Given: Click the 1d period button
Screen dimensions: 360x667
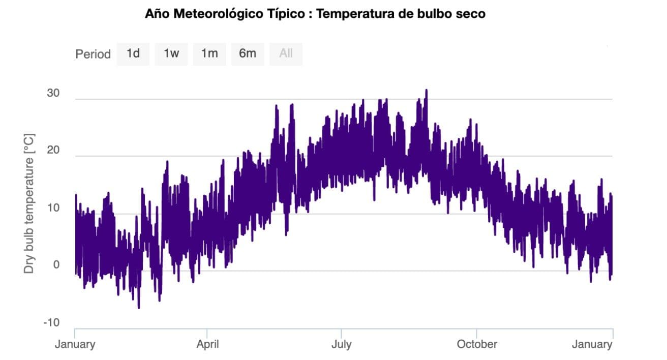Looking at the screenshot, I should tap(133, 54).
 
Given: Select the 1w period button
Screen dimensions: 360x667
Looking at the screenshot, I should tap(171, 54).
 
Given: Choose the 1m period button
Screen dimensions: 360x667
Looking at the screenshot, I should tap(209, 54).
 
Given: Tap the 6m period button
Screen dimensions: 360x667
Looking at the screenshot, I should tap(248, 54).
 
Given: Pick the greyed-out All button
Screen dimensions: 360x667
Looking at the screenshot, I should tap(286, 54).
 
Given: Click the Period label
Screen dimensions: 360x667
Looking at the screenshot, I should tap(93, 54).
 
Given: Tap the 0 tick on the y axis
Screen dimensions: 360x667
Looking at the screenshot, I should tap(56, 265).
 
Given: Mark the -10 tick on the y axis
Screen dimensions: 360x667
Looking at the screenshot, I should tap(51, 323).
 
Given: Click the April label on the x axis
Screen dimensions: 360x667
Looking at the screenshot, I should tap(207, 345).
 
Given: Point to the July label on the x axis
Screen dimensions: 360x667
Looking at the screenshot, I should tap(341, 345).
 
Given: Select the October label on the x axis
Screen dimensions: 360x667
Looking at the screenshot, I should tap(477, 345).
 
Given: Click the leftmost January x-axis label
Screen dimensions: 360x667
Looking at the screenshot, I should tap(75, 345).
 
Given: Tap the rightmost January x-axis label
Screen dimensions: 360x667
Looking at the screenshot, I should tap(592, 345).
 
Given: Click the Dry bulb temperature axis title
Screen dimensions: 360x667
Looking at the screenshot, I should tap(29, 203).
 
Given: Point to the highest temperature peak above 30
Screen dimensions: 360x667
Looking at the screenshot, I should tap(426, 91).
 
